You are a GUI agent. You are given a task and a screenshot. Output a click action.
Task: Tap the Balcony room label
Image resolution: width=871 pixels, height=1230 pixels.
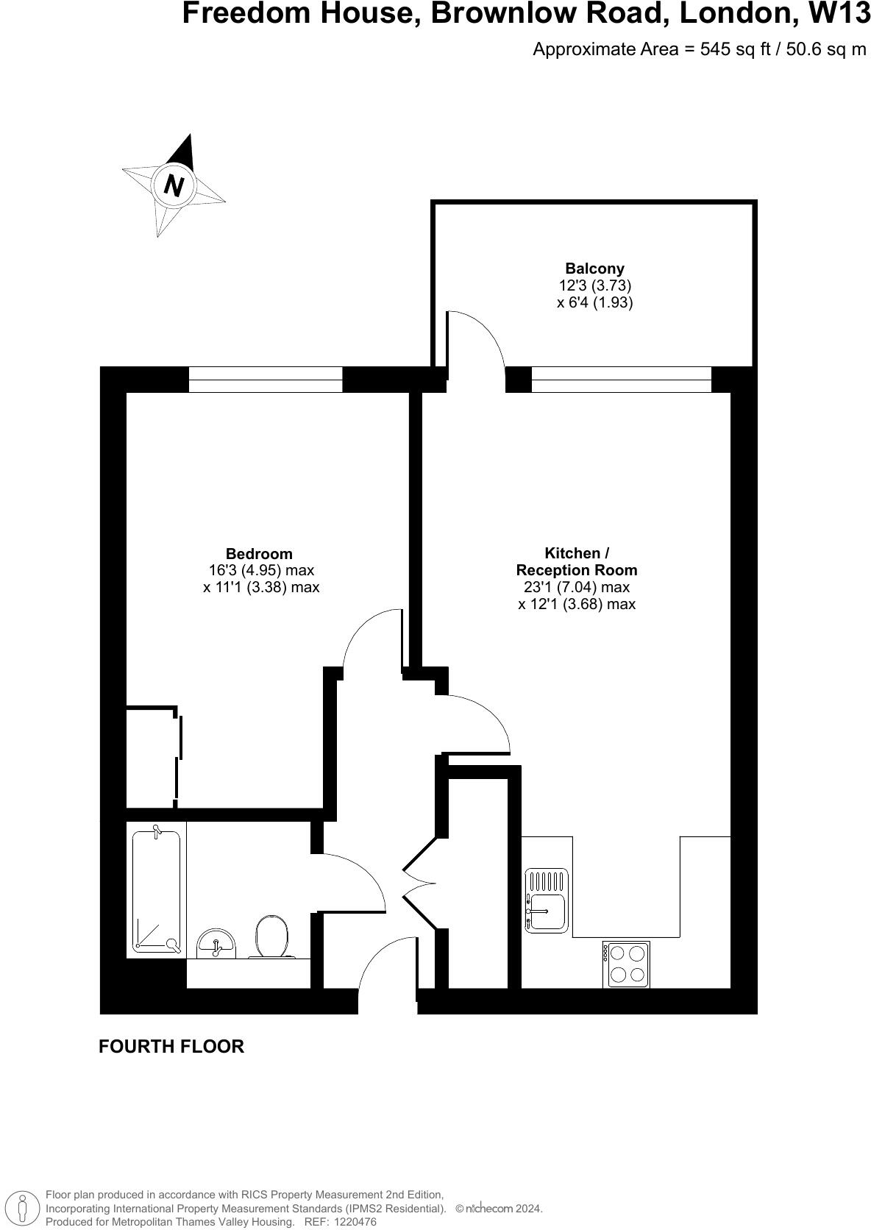594,269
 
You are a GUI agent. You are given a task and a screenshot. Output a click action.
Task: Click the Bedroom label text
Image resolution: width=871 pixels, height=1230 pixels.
258,554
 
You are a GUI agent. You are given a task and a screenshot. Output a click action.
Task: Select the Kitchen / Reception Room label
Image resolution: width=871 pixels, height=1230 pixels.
577,561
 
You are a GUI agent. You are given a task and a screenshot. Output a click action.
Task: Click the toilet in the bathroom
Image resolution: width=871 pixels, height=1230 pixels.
271,936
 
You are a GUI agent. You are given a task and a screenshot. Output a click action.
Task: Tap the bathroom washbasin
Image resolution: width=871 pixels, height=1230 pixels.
216,944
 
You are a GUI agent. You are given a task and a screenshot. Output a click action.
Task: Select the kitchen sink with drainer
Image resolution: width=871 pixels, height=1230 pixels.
547,901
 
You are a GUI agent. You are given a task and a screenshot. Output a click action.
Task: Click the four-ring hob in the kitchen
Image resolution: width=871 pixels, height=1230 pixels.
627,964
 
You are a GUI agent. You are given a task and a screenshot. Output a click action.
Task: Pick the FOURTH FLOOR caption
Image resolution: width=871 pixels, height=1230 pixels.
171,1046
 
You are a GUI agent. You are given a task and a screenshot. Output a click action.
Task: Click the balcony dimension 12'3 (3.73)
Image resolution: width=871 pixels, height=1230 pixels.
594,285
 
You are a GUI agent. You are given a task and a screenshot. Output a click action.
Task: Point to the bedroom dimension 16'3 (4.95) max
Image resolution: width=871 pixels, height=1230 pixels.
261,570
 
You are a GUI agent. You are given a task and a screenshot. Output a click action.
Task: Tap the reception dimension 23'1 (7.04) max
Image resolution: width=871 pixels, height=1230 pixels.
577,587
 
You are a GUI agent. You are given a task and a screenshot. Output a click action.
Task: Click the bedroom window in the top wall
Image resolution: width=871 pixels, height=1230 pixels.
266,380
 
